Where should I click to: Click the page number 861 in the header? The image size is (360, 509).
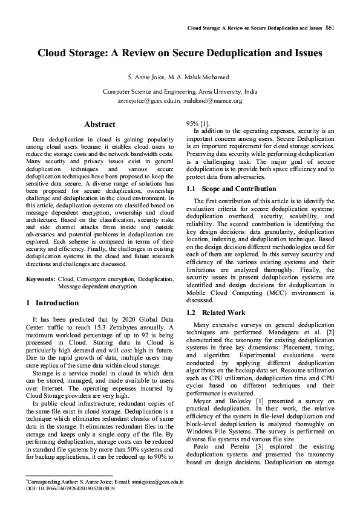click(x=330, y=28)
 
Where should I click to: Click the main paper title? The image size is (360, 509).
click(x=180, y=53)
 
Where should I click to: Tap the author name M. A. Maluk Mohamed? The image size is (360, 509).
click(x=200, y=78)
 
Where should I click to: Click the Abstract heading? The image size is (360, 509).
click(x=100, y=125)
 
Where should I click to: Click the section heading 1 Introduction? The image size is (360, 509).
click(x=53, y=302)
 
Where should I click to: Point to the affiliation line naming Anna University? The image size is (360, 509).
click(x=180, y=92)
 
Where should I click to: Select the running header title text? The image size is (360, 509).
click(x=254, y=28)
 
